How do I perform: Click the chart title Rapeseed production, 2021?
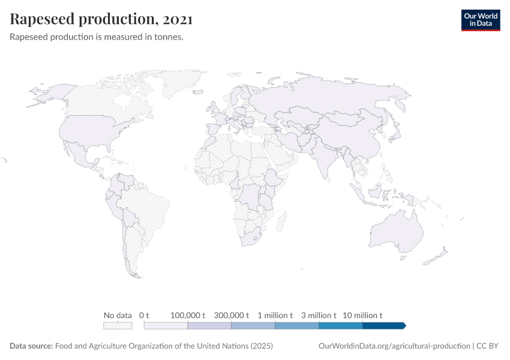(101, 20)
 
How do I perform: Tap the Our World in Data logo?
(480, 20)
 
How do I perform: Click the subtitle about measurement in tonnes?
(97, 37)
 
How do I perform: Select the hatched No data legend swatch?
(118, 325)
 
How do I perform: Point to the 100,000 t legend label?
(188, 315)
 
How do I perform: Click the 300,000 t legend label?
(232, 315)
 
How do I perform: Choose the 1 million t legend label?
(275, 315)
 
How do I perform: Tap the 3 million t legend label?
(319, 315)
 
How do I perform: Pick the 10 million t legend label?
(362, 315)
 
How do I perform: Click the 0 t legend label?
(144, 315)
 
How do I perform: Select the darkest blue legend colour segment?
(384, 325)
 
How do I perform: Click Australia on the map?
(396, 231)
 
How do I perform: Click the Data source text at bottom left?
(142, 346)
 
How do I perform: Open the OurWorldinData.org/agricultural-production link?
(394, 346)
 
